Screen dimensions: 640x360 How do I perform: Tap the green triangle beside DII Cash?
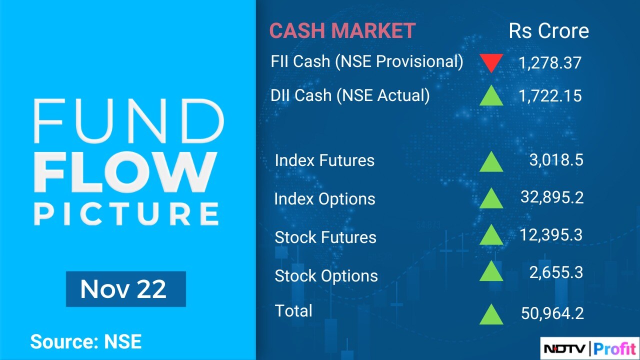click(491, 95)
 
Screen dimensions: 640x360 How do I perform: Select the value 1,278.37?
click(550, 63)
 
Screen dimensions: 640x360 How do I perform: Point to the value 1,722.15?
click(550, 95)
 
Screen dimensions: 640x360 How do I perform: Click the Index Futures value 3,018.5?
click(556, 159)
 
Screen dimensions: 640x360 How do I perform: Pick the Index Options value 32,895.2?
click(552, 197)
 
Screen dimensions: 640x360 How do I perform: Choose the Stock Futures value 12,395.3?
click(551, 235)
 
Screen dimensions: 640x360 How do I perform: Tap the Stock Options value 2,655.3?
click(556, 272)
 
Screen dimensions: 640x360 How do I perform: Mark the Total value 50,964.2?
click(552, 313)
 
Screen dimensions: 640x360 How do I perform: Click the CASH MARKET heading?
click(342, 30)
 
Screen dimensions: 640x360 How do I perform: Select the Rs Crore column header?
click(549, 31)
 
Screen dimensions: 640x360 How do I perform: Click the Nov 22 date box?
click(126, 289)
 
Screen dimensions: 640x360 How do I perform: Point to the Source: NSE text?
click(86, 341)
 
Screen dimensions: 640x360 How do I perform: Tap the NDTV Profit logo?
click(589, 348)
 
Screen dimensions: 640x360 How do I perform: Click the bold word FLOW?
click(125, 172)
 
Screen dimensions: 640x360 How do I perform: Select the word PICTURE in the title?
click(126, 214)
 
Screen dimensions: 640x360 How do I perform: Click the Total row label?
click(293, 310)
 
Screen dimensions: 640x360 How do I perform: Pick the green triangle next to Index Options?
click(491, 197)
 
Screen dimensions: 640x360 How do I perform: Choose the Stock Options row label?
click(326, 275)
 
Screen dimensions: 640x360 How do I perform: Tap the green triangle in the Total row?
click(491, 314)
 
